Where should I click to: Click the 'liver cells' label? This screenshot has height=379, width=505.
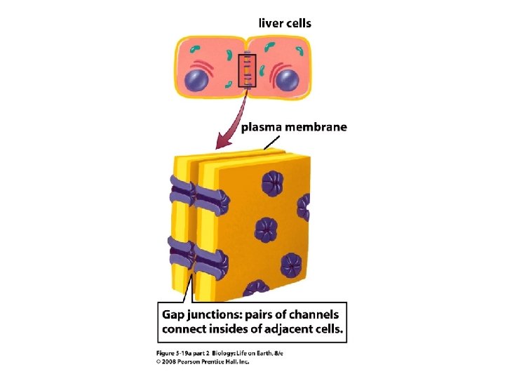pyautogui.click(x=285, y=23)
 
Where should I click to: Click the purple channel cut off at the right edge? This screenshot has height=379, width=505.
pyautogui.click(x=304, y=207)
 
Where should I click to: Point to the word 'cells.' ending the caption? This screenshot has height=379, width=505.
pyautogui.click(x=328, y=328)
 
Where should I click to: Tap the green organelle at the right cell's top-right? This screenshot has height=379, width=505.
pyautogui.click(x=299, y=51)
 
